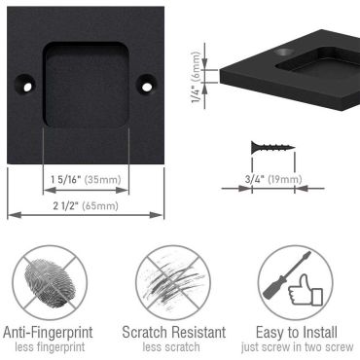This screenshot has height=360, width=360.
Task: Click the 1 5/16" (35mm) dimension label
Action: [x=84, y=180]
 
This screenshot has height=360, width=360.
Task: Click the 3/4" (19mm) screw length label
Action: [x=271, y=178]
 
